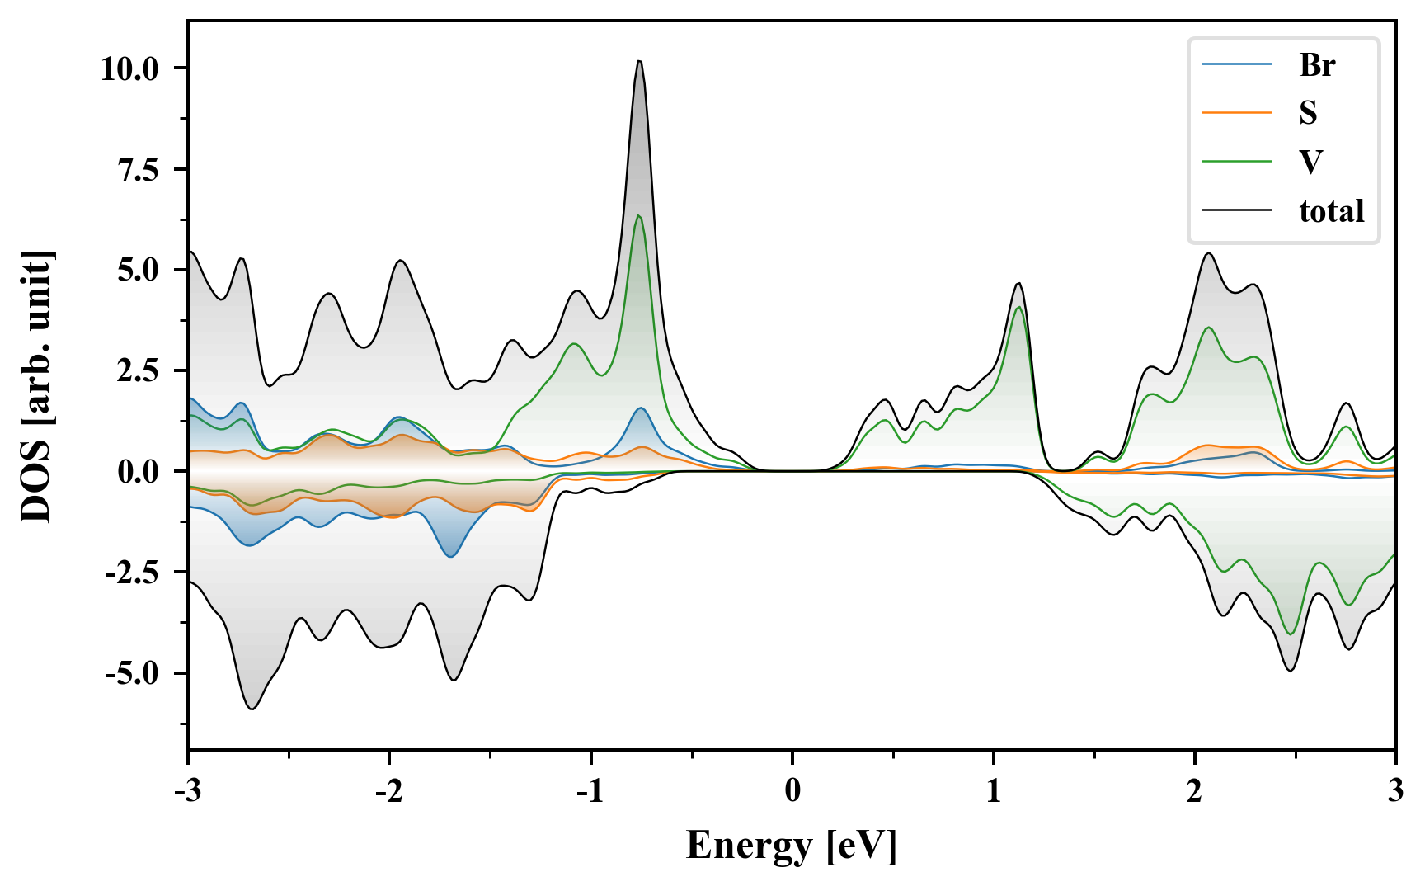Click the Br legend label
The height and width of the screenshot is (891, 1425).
point(1317,65)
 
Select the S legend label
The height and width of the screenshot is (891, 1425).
point(1308,113)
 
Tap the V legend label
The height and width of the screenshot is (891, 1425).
point(1310,162)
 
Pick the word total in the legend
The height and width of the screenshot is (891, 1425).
point(1332,211)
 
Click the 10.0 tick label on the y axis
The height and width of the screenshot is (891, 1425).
point(129,68)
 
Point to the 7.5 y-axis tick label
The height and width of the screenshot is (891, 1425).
point(140,169)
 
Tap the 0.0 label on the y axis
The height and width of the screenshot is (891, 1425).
point(140,472)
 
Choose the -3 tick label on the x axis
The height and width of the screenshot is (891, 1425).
point(188,791)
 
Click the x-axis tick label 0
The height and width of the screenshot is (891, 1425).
point(792,791)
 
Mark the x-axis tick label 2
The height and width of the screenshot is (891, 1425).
point(1194,791)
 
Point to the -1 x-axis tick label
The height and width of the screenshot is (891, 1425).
point(590,791)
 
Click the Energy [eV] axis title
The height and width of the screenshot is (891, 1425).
point(792,846)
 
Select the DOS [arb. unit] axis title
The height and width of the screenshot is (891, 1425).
point(36,386)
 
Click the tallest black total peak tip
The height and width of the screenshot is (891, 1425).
point(639,61)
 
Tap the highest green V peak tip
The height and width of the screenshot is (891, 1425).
point(638,216)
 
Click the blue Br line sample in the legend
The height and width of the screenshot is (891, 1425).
point(1236,65)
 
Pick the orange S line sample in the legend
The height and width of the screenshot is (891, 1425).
point(1236,113)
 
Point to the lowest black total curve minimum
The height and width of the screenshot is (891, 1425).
point(252,709)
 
